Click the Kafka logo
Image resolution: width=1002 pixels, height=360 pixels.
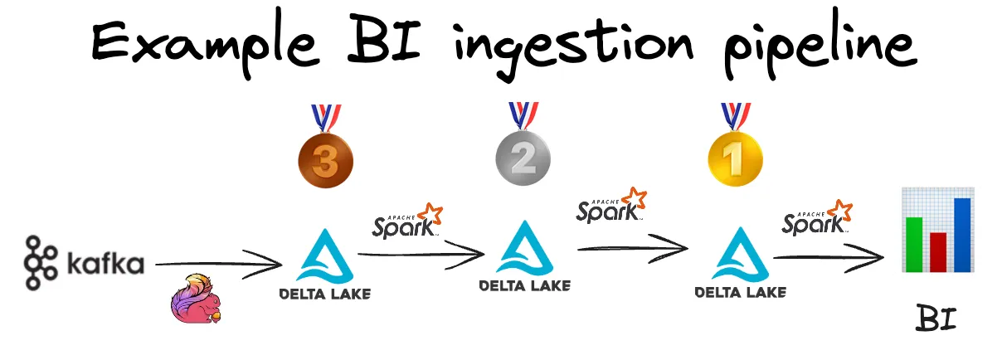[84, 265]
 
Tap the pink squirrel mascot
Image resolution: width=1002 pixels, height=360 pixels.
[197, 298]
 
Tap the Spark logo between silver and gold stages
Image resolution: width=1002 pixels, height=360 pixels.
[611, 205]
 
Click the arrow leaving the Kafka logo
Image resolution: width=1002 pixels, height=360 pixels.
[220, 265]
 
